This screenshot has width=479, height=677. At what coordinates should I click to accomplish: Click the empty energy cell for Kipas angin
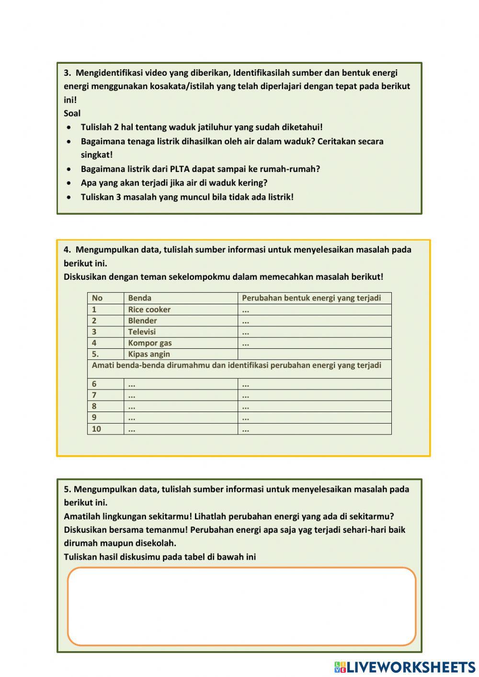pyautogui.click(x=314, y=354)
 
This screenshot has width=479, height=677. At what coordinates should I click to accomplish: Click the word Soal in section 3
pyautogui.click(x=72, y=114)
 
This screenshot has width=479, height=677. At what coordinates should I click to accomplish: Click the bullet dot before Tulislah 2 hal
pyautogui.click(x=70, y=127)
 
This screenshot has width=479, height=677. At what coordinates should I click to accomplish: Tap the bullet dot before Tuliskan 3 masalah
pyautogui.click(x=70, y=197)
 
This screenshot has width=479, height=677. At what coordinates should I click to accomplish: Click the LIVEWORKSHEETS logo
pyautogui.click(x=405, y=666)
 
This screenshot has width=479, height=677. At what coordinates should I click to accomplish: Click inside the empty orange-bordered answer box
pyautogui.click(x=241, y=606)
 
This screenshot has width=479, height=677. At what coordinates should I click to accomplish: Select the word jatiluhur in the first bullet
pyautogui.click(x=214, y=127)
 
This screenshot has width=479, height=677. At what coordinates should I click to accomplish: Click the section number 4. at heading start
pyautogui.click(x=68, y=250)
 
